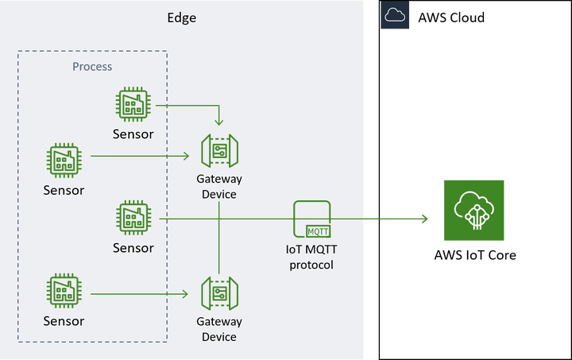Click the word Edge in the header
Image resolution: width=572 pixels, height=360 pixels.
click(x=181, y=18)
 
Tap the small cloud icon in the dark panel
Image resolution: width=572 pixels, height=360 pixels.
click(x=395, y=15)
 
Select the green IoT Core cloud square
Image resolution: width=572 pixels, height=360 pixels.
click(x=473, y=210)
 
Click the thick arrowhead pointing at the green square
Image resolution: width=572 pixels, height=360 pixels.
click(x=425, y=219)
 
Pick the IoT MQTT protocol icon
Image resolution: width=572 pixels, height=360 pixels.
click(x=313, y=219)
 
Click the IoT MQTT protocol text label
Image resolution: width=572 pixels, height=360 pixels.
click(x=311, y=257)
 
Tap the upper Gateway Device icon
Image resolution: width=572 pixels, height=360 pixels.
click(x=219, y=151)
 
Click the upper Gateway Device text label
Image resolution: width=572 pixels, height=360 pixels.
click(x=219, y=186)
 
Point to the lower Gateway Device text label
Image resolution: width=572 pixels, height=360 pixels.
click(x=219, y=329)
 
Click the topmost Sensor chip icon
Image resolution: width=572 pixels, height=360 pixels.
click(x=133, y=105)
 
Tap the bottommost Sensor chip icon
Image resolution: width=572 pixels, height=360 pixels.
click(x=64, y=292)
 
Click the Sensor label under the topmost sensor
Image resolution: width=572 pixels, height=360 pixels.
click(x=133, y=134)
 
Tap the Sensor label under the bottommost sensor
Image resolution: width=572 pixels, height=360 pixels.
click(x=64, y=321)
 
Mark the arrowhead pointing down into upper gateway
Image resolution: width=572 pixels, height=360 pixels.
click(x=219, y=122)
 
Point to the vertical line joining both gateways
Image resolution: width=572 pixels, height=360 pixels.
click(x=219, y=238)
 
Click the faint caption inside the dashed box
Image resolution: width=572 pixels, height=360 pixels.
click(x=88, y=66)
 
